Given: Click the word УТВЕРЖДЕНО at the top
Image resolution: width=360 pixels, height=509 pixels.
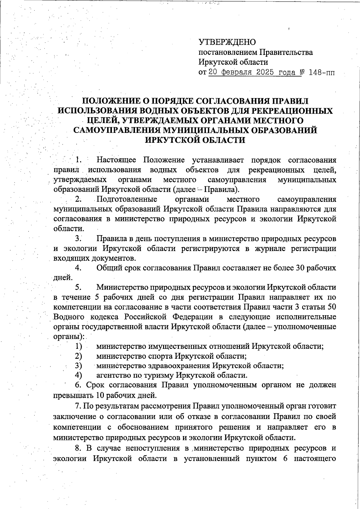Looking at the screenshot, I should [227, 42].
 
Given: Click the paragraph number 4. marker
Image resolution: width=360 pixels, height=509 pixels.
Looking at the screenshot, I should [79, 268].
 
